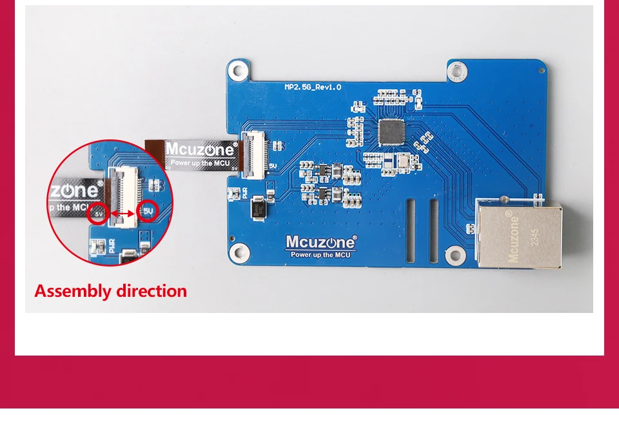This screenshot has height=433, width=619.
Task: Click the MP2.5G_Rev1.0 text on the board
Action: pos(313,86)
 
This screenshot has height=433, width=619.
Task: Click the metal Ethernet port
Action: pos(518,233)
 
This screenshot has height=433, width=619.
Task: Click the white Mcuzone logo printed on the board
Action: pos(320,243)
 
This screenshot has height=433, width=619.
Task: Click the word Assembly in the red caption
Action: pos(72,291)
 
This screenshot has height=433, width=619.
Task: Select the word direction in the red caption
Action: pos(150,291)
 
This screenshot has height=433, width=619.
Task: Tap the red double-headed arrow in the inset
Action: pos(123,213)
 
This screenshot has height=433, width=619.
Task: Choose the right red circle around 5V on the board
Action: pos(148,211)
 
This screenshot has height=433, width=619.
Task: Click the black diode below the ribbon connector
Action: pos(258,207)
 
